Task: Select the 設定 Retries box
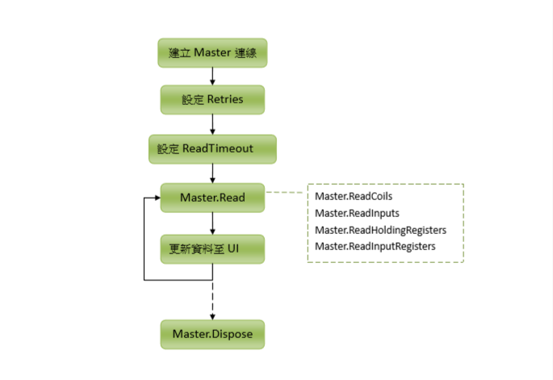[212, 100]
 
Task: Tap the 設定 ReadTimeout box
[212, 149]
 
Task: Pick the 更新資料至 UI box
[212, 248]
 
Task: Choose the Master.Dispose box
[212, 333]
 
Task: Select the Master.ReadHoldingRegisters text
[380, 230]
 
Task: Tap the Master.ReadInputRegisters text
[375, 246]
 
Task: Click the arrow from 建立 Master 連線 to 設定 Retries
[212, 76]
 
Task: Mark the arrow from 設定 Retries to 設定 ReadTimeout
[212, 124]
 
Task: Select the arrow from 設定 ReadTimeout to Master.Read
[212, 173]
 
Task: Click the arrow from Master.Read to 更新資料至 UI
[212, 223]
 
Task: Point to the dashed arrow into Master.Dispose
[212, 299]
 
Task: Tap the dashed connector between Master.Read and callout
[286, 193]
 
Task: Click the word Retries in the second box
[236, 100]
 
